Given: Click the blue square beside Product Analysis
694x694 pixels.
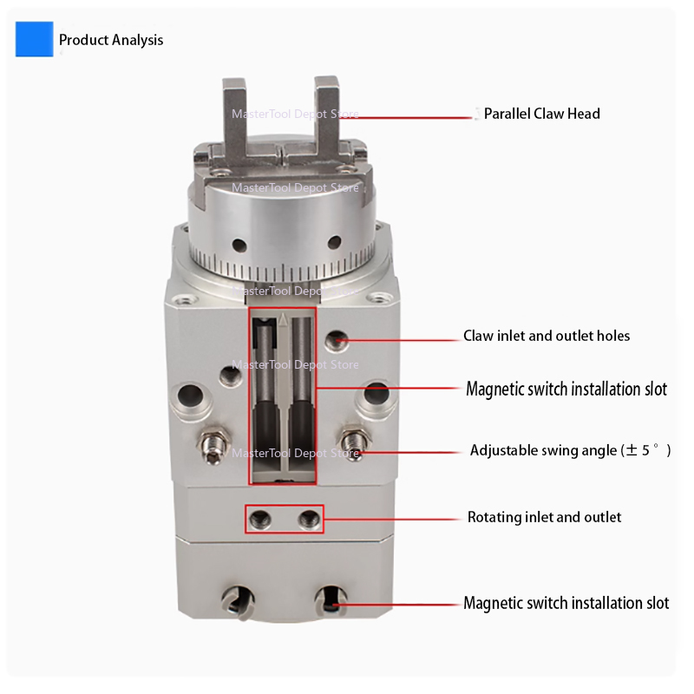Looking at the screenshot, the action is point(34,39).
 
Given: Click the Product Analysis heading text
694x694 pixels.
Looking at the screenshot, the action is point(111,40).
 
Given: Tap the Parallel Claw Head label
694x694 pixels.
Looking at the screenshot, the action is point(541,114).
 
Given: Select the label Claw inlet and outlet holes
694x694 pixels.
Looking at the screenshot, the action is point(547,336).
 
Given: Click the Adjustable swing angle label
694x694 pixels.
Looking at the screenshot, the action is point(570,450).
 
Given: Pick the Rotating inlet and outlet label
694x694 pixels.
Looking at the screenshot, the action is point(544,517).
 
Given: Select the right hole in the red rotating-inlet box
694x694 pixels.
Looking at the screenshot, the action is point(309,519).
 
